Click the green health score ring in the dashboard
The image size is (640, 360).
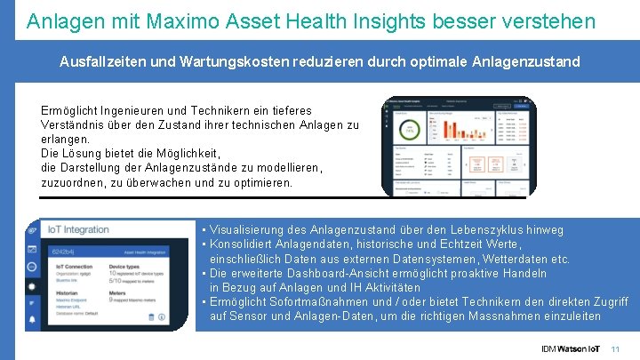pyautogui.click(x=411, y=131)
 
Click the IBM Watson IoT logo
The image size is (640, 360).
pyautogui.click(x=570, y=348)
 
